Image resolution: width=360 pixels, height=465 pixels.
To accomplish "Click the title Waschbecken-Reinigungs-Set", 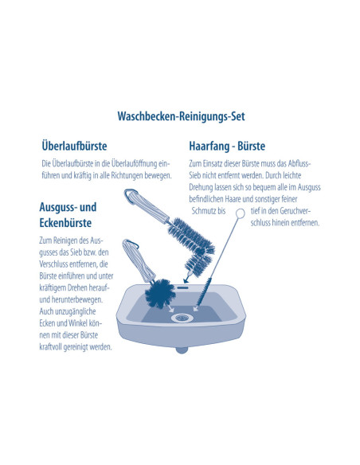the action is pyautogui.click(x=181, y=116).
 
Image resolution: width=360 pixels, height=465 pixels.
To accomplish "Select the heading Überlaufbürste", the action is pyautogui.click(x=74, y=146).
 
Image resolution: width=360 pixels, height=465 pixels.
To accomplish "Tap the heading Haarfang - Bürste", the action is pyautogui.click(x=227, y=147).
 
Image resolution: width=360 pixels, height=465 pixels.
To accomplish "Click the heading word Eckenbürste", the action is pyautogui.click(x=65, y=223).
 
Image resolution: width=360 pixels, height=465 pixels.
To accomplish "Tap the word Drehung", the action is pyautogui.click(x=201, y=187).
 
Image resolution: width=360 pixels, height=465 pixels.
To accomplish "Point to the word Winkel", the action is pyautogui.click(x=77, y=323).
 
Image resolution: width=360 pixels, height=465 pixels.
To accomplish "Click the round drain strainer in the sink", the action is pyautogui.click(x=182, y=318).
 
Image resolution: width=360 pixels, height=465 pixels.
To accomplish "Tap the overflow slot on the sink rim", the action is pyautogui.click(x=182, y=287).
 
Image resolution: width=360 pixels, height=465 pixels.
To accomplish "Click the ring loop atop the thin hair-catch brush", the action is pyautogui.click(x=241, y=213).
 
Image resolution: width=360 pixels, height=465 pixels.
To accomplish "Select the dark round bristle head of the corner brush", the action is pyautogui.click(x=160, y=293).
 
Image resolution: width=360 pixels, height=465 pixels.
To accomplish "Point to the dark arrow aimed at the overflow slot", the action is pyautogui.click(x=186, y=278).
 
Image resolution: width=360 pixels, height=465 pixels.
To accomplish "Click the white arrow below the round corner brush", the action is pyautogui.click(x=170, y=308).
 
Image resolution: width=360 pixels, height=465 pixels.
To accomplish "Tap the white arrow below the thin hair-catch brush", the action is pyautogui.click(x=196, y=308).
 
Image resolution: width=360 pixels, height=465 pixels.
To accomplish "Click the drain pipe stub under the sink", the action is pyautogui.click(x=182, y=350).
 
